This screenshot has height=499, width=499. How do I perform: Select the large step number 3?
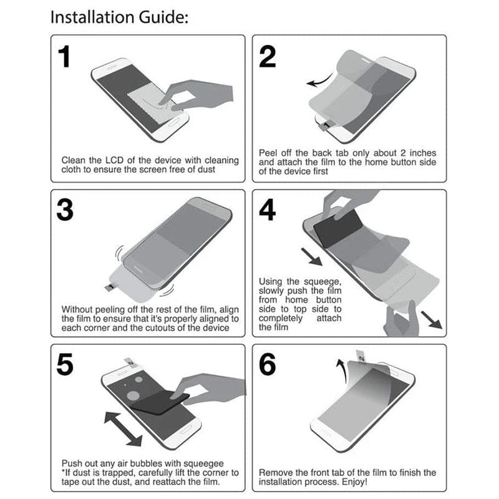coord(65,211)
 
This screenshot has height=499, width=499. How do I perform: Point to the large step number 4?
coord(268,211)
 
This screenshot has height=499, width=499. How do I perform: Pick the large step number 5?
coord(65,366)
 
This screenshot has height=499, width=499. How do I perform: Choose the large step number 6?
coord(268,366)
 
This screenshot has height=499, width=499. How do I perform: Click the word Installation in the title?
coord(89,17)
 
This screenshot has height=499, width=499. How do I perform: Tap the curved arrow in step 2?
coord(319,82)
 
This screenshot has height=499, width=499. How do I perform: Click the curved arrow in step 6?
coord(342,367)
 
